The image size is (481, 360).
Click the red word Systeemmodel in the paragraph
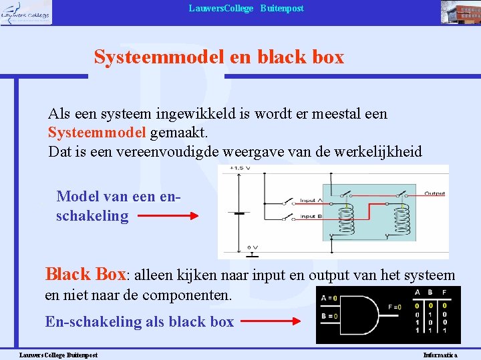coord(97,133)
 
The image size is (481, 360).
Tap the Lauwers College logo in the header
coord(26,12)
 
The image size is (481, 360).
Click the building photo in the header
coord(459,12)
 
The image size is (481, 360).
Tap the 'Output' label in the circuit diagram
coord(434,194)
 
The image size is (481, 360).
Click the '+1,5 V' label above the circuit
coord(240,169)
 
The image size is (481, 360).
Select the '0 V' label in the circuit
coord(253,246)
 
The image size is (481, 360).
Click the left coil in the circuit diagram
coord(347,220)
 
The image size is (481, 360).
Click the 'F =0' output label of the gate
coord(394,307)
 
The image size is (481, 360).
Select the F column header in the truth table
coord(445,293)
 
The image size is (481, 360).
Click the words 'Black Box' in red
coord(85,274)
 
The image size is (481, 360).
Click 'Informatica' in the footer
coord(440,355)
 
